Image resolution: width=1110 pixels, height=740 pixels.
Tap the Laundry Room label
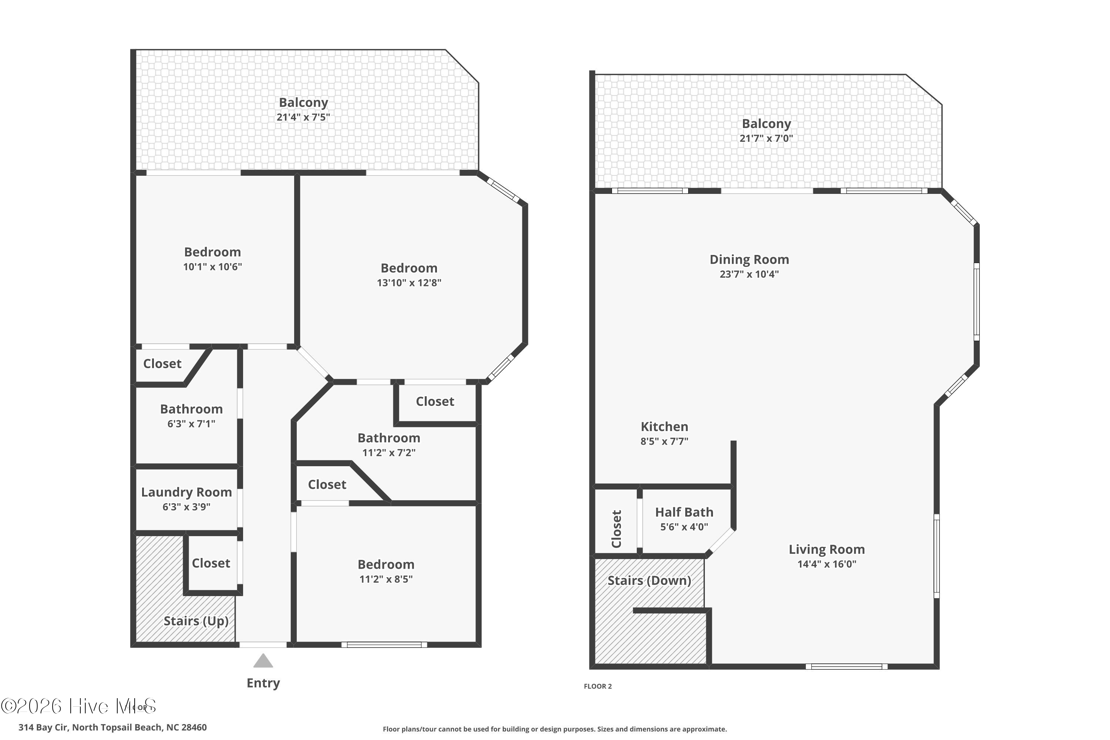coord(186,492)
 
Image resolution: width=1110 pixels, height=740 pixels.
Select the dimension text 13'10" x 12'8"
coord(409,283)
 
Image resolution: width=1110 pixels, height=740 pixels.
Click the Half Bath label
coord(684,512)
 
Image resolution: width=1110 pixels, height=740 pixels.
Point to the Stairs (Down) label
coord(649,581)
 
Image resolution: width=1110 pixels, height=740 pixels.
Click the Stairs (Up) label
coord(196,620)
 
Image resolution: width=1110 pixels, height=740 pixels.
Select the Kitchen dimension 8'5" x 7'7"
coord(664,441)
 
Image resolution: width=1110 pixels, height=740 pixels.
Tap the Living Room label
coord(826,549)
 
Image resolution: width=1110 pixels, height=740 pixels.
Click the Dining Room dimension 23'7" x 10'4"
coord(749,274)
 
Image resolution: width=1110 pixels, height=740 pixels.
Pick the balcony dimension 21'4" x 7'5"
coord(303,117)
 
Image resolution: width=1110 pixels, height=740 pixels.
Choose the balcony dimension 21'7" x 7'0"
coord(766,138)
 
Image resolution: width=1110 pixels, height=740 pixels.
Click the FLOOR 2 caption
coord(598,686)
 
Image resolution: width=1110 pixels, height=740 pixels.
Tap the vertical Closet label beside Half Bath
coord(616,529)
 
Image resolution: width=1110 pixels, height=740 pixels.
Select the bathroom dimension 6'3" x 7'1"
coord(191,424)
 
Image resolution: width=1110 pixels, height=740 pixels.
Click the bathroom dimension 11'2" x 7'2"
coord(388,453)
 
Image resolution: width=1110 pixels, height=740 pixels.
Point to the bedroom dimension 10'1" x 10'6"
coord(212,267)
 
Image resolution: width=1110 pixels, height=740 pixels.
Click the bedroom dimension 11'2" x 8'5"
coord(386,579)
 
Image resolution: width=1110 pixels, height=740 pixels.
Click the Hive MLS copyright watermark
coord(78,706)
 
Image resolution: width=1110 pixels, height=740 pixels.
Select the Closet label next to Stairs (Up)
coord(211,563)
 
